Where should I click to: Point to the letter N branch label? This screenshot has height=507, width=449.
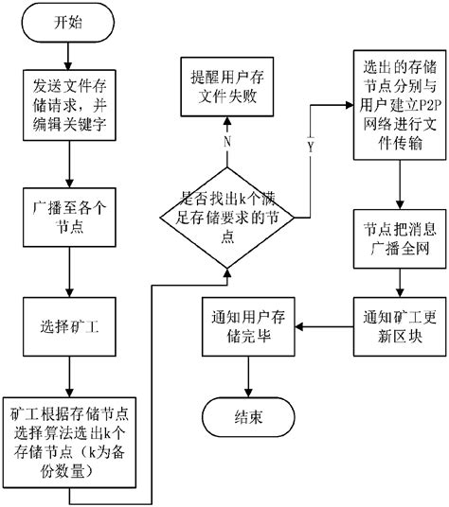tap(227, 142)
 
